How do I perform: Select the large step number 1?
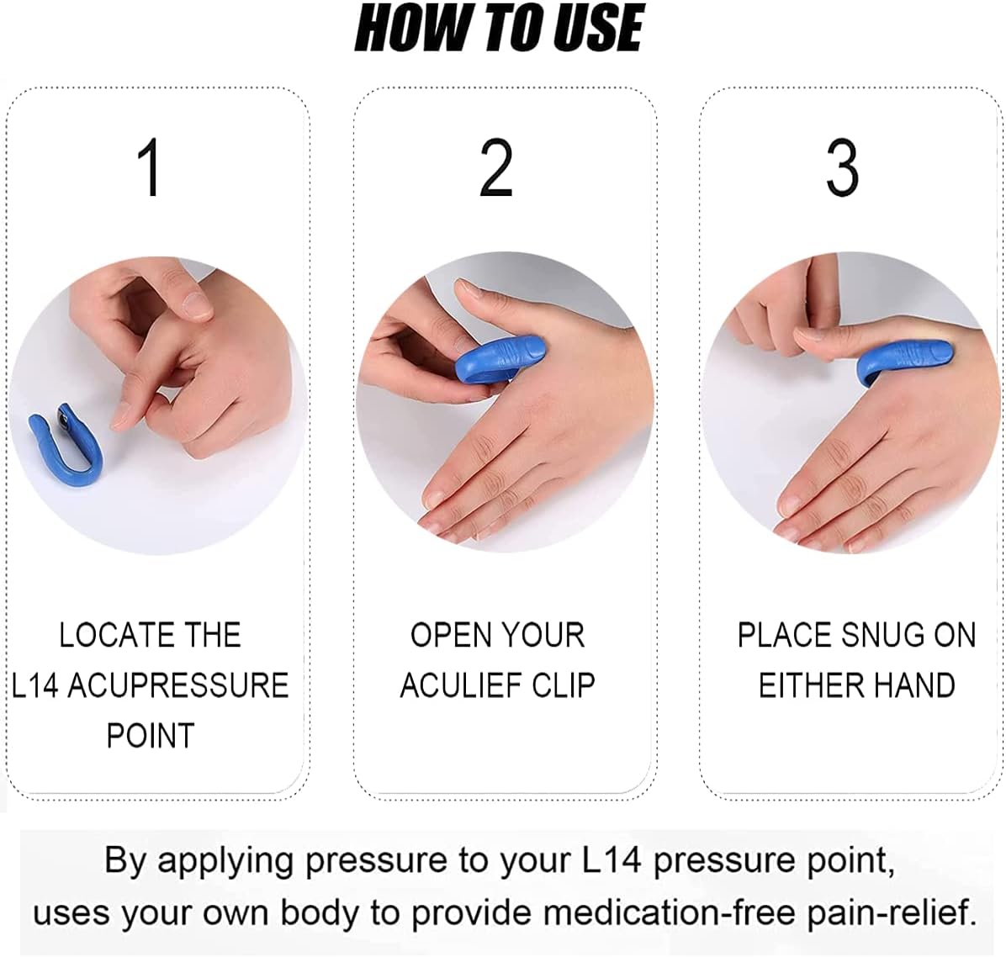(151, 168)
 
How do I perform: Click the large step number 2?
(496, 168)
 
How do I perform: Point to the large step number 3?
(842, 168)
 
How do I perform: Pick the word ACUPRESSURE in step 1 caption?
(177, 685)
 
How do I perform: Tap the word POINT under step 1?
(151, 736)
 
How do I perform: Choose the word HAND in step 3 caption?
(917, 685)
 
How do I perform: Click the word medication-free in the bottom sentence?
(668, 912)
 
